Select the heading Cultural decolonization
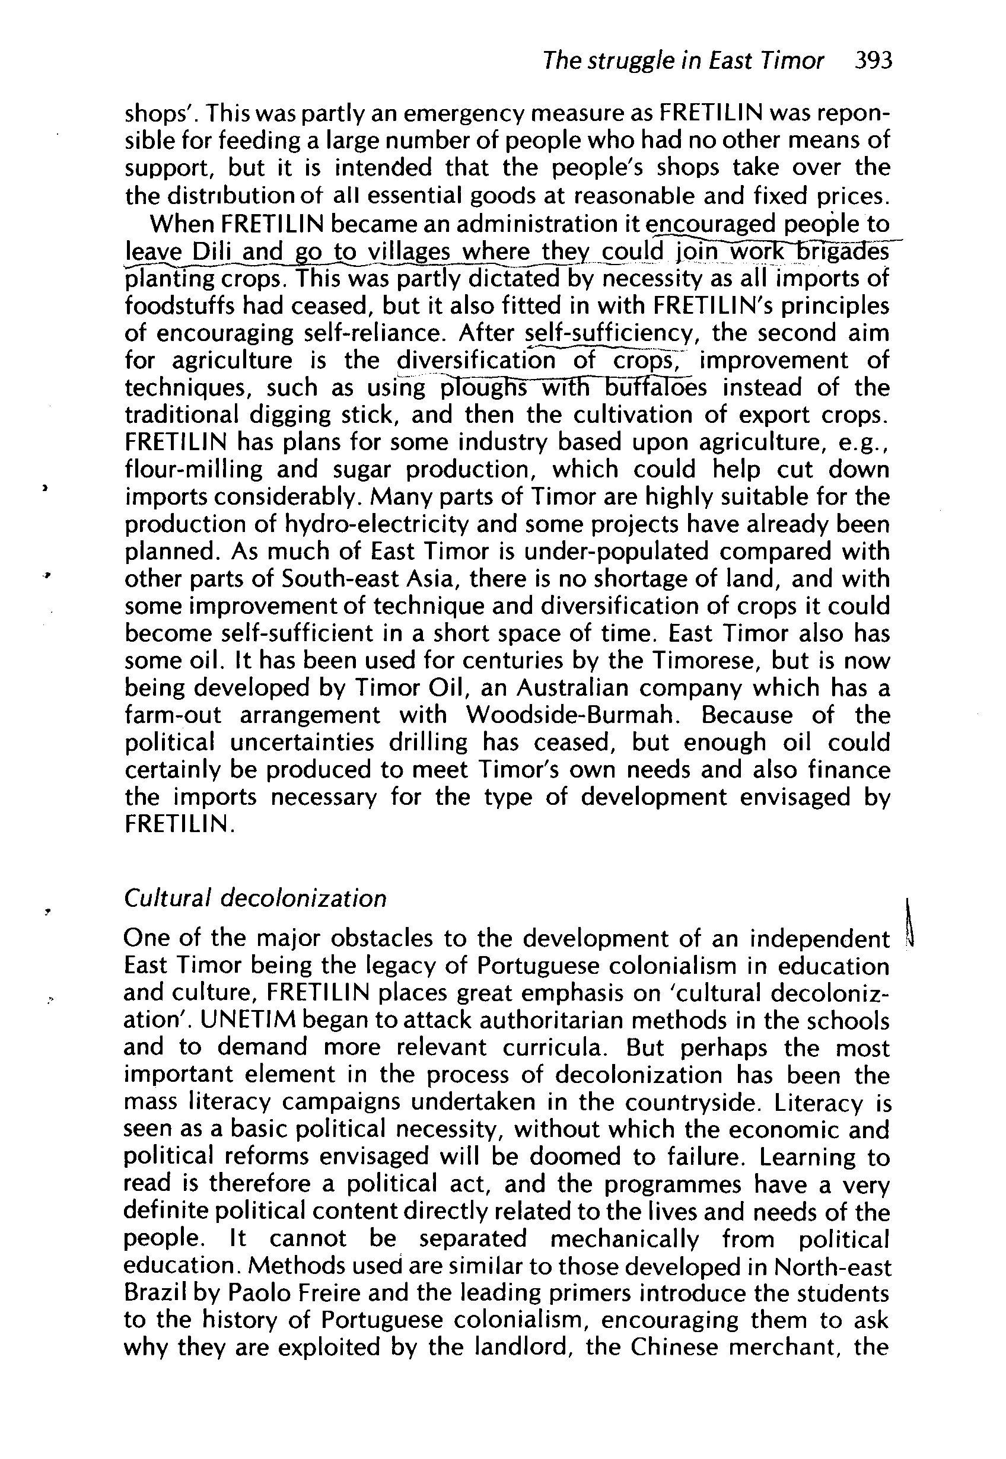coord(254,898)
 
